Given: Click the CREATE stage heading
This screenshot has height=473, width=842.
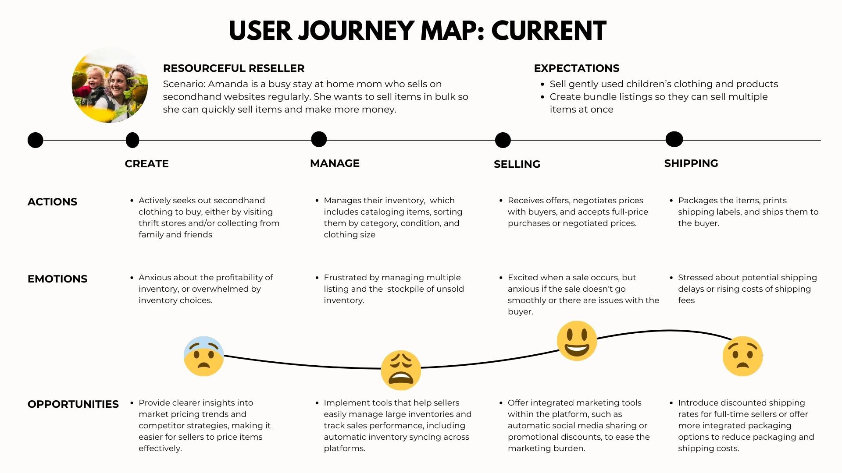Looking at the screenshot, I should (x=146, y=164).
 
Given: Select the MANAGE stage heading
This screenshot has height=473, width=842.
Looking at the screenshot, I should (x=335, y=163).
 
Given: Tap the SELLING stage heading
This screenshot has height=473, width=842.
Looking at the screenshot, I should (x=517, y=164).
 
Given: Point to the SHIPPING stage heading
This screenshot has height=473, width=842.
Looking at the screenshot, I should (x=691, y=163).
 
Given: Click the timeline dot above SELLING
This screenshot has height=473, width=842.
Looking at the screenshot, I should (x=503, y=140).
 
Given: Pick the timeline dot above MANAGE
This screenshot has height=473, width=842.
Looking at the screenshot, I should (x=319, y=139).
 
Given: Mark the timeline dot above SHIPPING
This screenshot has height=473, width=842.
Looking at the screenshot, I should (x=674, y=139).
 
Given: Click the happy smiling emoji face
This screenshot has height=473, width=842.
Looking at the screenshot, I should (x=577, y=341).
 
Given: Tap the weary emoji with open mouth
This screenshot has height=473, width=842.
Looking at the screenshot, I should (x=400, y=370).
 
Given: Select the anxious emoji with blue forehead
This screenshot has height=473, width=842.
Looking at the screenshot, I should (x=203, y=356).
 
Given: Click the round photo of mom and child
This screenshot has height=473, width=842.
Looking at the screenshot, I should (x=110, y=85).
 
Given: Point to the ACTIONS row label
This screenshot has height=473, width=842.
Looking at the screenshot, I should (x=52, y=202).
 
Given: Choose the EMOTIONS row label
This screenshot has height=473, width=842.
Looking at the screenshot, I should (x=57, y=279).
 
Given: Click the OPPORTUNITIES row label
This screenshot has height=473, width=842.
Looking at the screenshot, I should (x=73, y=404).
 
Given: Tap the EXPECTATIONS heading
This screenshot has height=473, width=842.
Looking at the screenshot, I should (x=576, y=68).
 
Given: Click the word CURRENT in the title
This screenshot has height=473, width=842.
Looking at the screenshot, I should (x=548, y=31).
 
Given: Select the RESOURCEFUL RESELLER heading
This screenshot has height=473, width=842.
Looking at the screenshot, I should (x=233, y=68).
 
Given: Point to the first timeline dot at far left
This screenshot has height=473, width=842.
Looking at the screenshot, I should (x=36, y=140).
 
